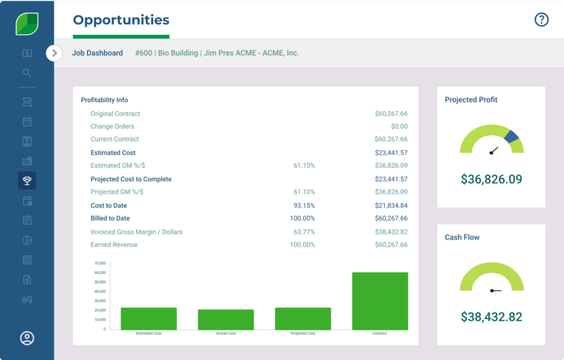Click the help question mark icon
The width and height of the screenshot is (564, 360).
541,20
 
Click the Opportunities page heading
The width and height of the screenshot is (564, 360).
121,20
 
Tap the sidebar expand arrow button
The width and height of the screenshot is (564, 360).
54,53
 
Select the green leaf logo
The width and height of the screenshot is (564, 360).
27,23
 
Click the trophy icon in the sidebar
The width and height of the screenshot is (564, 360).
27,180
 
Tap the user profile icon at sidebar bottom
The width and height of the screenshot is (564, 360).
27,338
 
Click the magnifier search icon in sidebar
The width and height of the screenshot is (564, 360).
27,73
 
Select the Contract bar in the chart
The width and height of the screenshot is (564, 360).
380,301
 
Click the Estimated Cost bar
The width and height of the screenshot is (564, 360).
149,318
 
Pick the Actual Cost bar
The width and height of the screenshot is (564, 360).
226,319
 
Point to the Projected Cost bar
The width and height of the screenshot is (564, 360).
302,318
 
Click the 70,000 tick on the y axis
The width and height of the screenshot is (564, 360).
99,263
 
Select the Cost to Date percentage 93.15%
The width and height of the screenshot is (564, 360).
303,206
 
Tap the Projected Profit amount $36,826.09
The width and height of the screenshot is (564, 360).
491,180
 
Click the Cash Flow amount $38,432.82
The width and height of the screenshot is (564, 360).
491,317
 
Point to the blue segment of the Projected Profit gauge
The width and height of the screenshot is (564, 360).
512,137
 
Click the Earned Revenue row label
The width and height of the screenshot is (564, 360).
114,245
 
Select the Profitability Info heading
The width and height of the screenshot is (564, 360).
104,100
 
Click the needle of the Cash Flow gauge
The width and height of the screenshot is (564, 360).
495,290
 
